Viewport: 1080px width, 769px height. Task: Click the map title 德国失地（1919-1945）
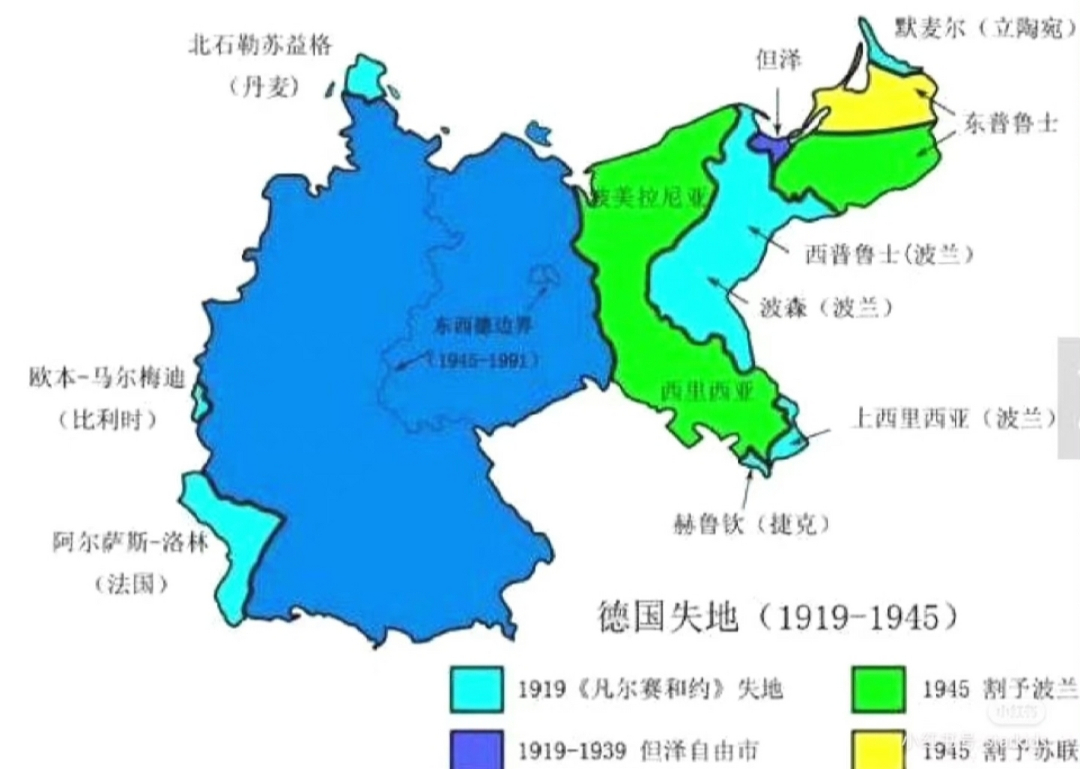point(777,617)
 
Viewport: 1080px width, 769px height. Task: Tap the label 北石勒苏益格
point(259,46)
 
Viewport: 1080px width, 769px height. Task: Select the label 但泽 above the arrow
point(778,59)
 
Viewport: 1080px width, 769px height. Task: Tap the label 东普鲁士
point(1010,124)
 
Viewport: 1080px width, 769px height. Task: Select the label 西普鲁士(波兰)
point(888,255)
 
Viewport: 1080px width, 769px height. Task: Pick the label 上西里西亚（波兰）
point(953,418)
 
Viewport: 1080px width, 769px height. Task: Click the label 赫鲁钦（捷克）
point(751,524)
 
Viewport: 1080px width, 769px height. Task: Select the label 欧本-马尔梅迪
point(107,378)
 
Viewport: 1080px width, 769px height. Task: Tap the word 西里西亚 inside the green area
point(706,392)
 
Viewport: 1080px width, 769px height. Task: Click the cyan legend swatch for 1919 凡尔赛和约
point(476,689)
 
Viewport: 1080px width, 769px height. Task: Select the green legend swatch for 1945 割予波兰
point(878,689)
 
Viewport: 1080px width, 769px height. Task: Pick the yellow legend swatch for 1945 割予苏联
point(878,750)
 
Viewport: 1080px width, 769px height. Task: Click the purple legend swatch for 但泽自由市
point(476,750)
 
